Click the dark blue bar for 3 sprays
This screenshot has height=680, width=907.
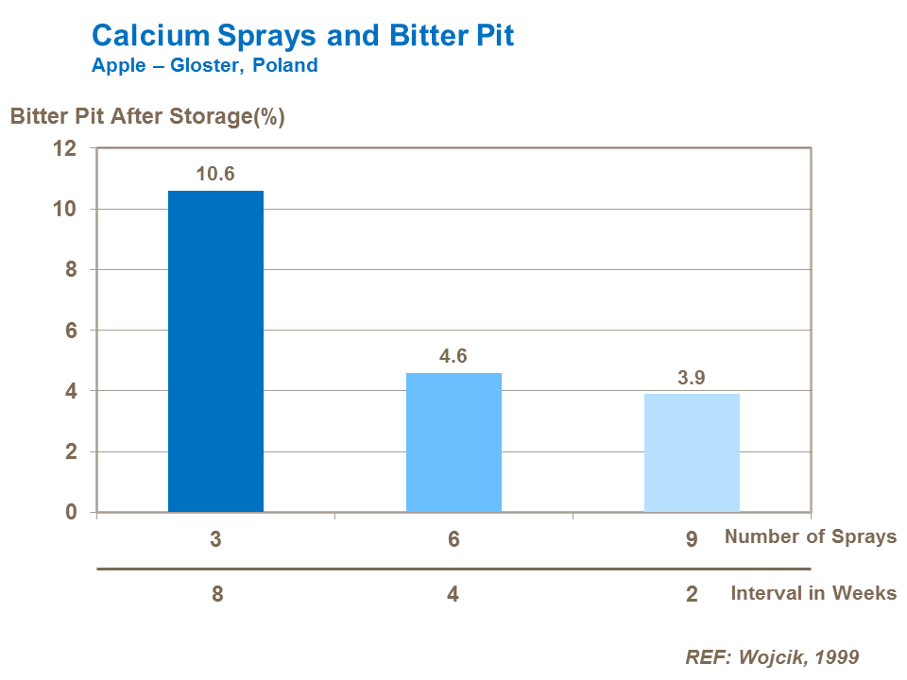pyautogui.click(x=215, y=351)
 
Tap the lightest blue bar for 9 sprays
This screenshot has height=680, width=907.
pyautogui.click(x=692, y=452)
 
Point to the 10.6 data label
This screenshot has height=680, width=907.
pyautogui.click(x=215, y=174)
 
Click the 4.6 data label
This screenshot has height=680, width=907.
pyautogui.click(x=453, y=356)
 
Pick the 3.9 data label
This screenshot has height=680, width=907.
pyautogui.click(x=692, y=378)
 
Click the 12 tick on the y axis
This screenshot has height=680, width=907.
pyautogui.click(x=64, y=148)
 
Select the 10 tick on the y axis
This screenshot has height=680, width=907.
pyautogui.click(x=64, y=209)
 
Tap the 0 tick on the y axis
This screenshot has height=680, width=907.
pyautogui.click(x=69, y=512)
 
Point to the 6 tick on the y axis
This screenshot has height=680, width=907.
pyautogui.click(x=69, y=331)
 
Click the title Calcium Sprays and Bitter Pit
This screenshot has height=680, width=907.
pyautogui.click(x=303, y=36)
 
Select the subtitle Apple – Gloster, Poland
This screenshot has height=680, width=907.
pyautogui.click(x=204, y=66)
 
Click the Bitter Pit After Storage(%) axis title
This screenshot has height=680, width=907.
pyautogui.click(x=147, y=117)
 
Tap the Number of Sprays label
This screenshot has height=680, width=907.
pyautogui.click(x=811, y=536)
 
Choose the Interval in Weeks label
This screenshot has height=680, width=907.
pyautogui.click(x=813, y=593)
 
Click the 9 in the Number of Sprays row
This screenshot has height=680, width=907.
pyautogui.click(x=692, y=538)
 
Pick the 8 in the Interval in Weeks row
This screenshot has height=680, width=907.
pyautogui.click(x=217, y=595)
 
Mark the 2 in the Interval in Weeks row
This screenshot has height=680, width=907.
pyautogui.click(x=692, y=595)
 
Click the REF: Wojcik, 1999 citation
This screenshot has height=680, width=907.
pyautogui.click(x=772, y=656)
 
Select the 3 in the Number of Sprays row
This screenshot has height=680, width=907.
pyautogui.click(x=216, y=538)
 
